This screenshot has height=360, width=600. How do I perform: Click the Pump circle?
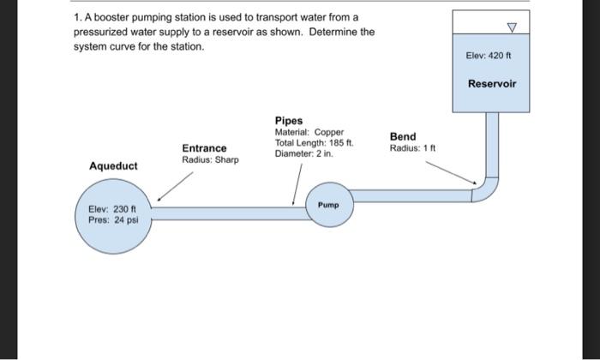[x=329, y=205]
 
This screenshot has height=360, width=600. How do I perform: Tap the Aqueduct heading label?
[x=113, y=165]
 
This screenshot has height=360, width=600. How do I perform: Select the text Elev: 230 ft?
[x=107, y=207]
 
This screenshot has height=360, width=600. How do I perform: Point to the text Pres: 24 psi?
[x=107, y=219]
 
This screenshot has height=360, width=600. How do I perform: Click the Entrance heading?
[x=204, y=148]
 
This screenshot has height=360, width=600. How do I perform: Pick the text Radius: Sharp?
[x=210, y=160]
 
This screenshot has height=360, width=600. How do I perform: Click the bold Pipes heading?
[x=289, y=121]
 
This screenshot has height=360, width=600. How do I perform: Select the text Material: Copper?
[x=309, y=132]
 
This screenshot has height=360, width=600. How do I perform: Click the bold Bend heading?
[x=403, y=136]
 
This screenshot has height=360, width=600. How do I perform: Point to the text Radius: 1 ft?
[x=413, y=148]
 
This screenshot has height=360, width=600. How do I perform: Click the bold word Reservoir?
[x=492, y=84]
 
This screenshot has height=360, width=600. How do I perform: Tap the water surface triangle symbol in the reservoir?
[x=513, y=27]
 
